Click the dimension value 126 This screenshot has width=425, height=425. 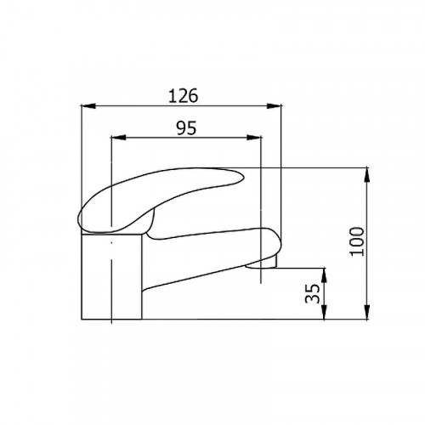point(183,96)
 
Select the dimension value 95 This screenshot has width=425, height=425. point(186,127)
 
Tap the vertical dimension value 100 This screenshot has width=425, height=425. point(357,241)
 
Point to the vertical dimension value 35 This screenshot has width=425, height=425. point(312,293)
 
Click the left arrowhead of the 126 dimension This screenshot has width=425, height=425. point(88,106)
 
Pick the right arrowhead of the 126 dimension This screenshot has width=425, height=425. point(275,106)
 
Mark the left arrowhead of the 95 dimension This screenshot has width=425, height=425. point(118,138)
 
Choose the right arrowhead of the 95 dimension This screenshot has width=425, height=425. point(254,138)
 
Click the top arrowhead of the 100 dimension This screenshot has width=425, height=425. point(367,174)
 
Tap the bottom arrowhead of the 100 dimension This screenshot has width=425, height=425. point(367,312)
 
